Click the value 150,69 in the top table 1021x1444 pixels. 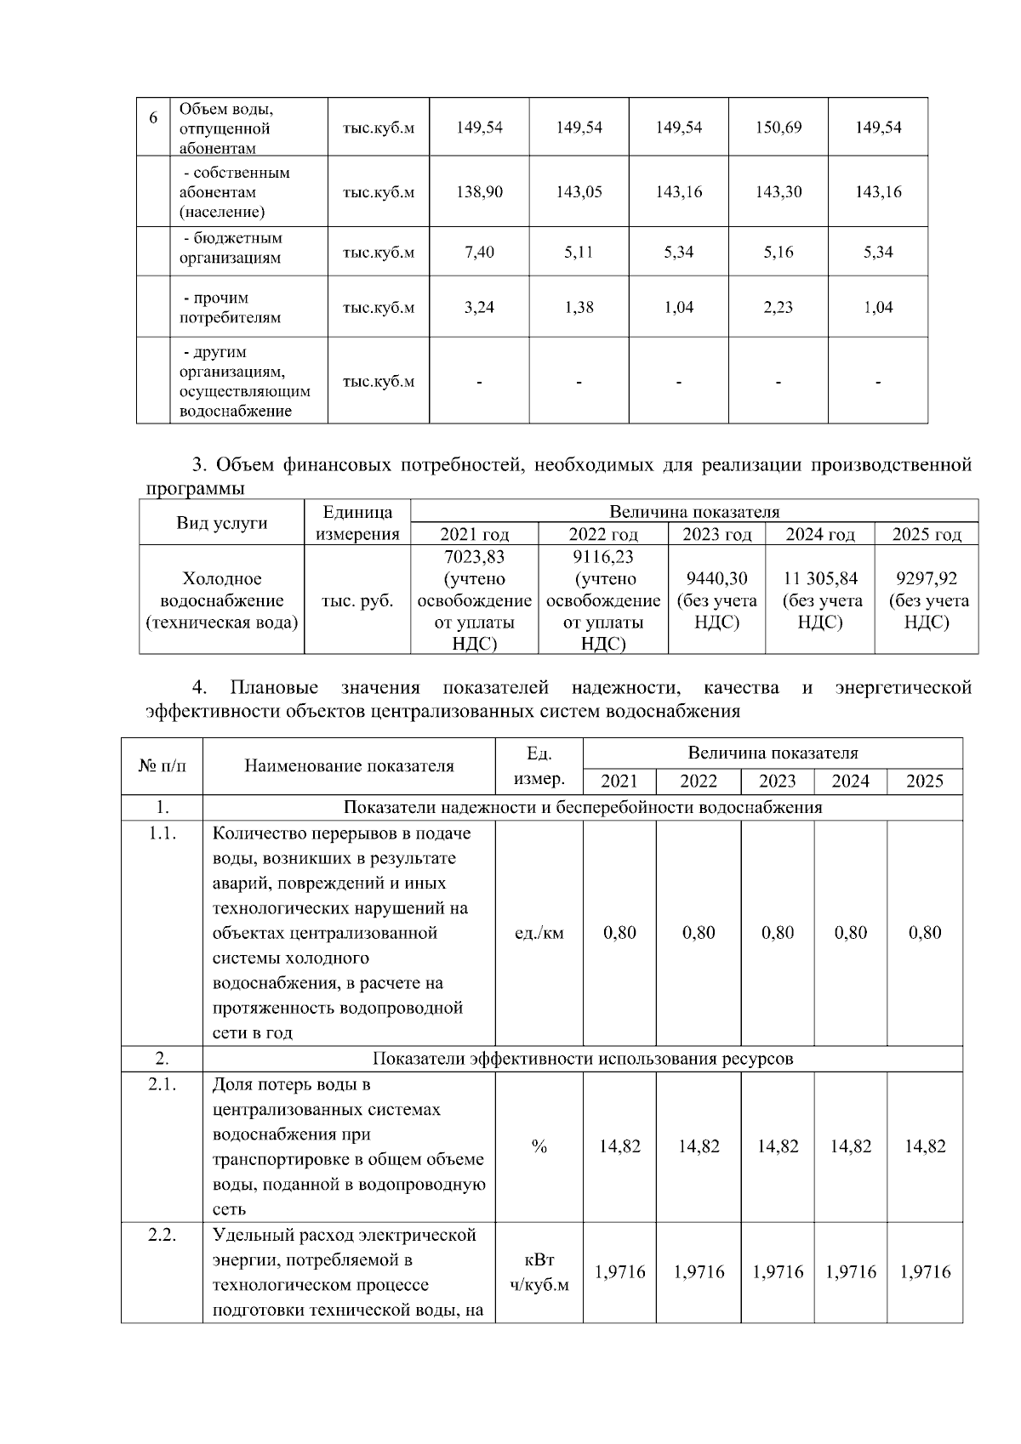(779, 128)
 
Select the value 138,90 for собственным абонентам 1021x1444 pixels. (479, 192)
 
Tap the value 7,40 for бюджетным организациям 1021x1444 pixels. (479, 252)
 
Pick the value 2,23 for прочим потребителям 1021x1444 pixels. (779, 308)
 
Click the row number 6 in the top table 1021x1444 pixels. (153, 118)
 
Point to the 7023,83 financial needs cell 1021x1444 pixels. (474, 556)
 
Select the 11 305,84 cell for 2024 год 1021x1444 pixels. (820, 579)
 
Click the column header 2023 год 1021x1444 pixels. (716, 534)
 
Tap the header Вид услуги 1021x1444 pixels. (221, 523)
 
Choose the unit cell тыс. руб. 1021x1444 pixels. (357, 601)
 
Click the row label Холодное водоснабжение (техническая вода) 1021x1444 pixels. (222, 601)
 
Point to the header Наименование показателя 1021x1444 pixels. (349, 765)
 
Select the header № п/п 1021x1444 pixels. (162, 765)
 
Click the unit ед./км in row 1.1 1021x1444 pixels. (539, 933)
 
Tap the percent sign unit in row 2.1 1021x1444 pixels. (539, 1146)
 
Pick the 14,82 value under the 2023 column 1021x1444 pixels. (778, 1146)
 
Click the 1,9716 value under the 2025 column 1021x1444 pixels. (925, 1272)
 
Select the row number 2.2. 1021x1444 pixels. (162, 1236)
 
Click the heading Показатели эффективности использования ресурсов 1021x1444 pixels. (583, 1059)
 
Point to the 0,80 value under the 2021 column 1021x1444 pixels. (619, 933)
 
